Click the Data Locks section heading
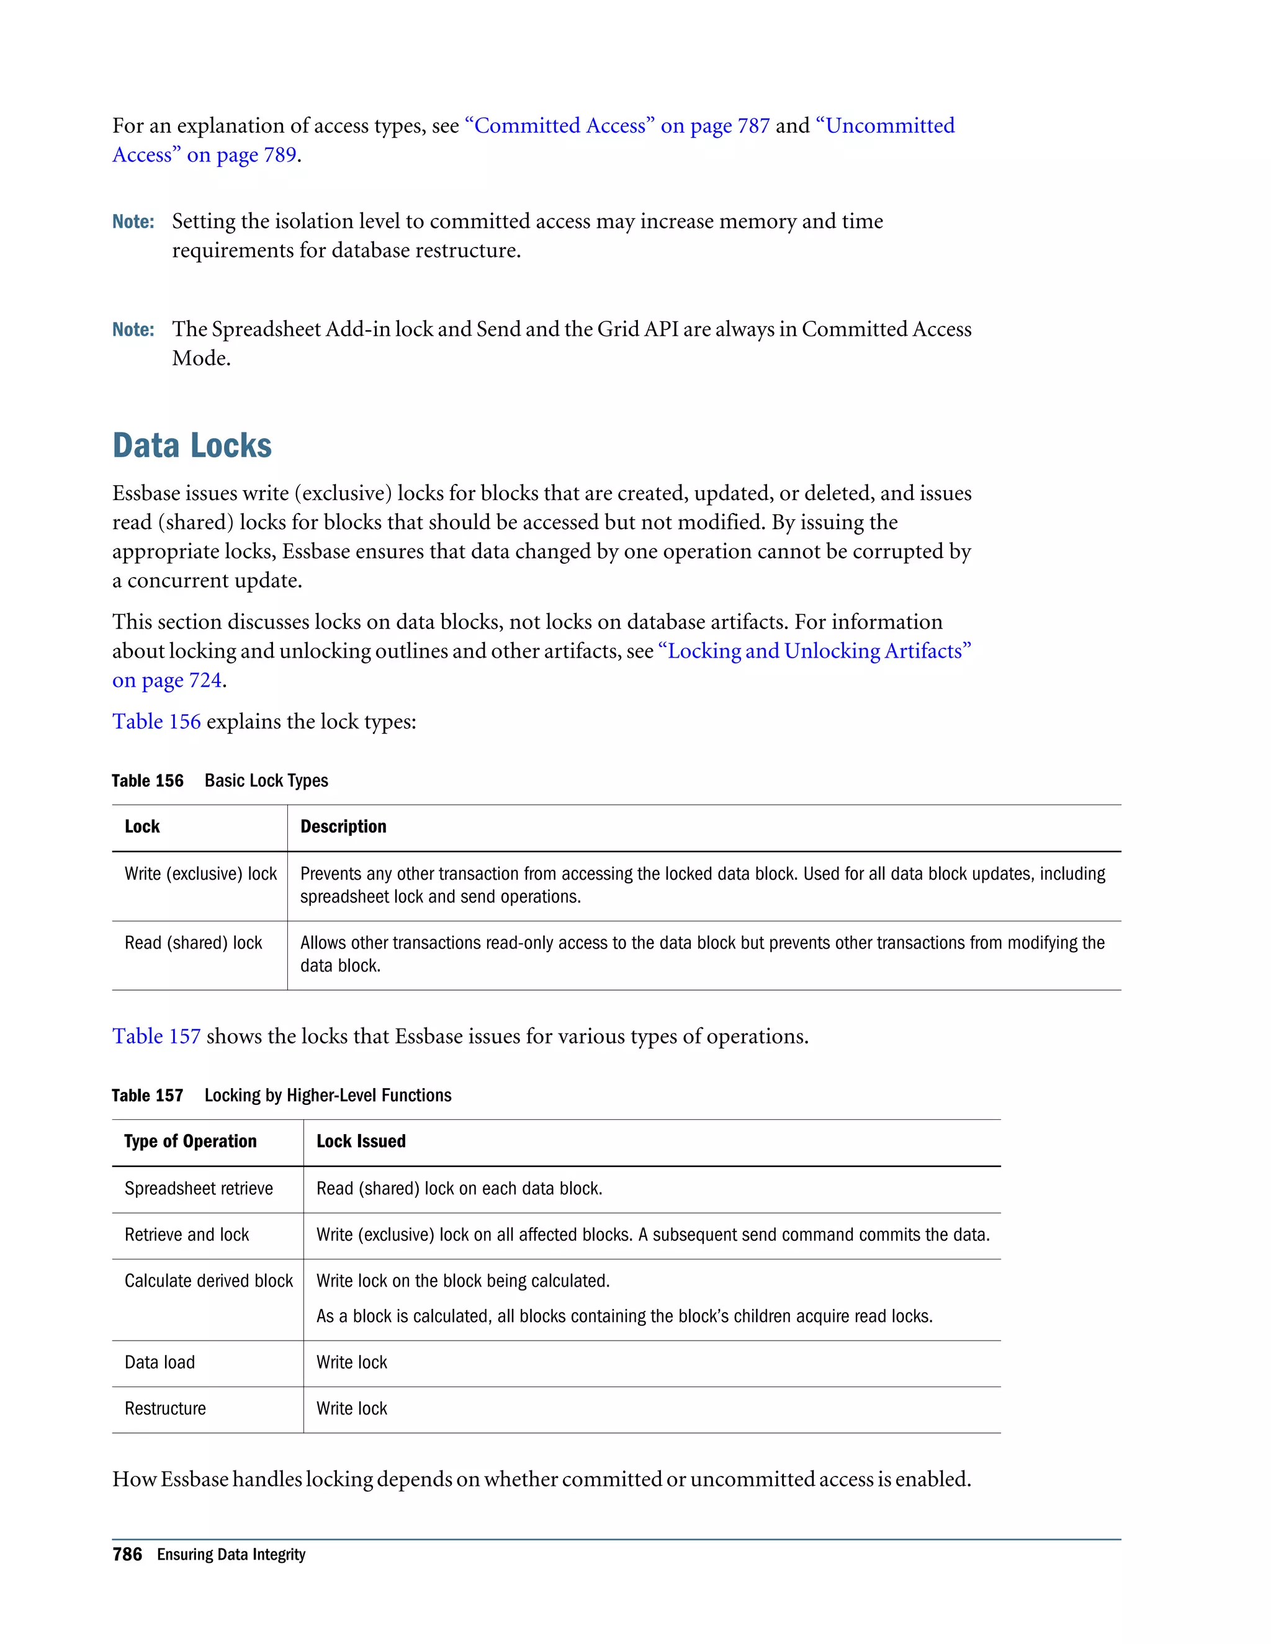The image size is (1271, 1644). (192, 445)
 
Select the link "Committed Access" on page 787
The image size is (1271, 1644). (618, 126)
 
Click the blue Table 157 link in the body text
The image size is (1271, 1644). (156, 1036)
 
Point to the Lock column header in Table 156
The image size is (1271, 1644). (142, 826)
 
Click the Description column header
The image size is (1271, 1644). (343, 826)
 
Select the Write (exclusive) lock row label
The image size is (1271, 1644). (200, 873)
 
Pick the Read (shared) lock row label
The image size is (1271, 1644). (194, 942)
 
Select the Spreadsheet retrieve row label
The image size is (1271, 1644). (199, 1188)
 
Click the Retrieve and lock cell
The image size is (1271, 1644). (187, 1235)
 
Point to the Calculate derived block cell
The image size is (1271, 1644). (209, 1280)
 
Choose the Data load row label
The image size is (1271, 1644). (159, 1362)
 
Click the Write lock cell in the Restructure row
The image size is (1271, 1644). (352, 1408)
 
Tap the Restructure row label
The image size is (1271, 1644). (165, 1408)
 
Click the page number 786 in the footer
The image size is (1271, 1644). (127, 1555)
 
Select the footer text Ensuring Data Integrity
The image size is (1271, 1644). (231, 1555)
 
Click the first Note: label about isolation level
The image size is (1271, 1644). (133, 221)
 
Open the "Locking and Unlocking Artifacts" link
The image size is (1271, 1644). (819, 651)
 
